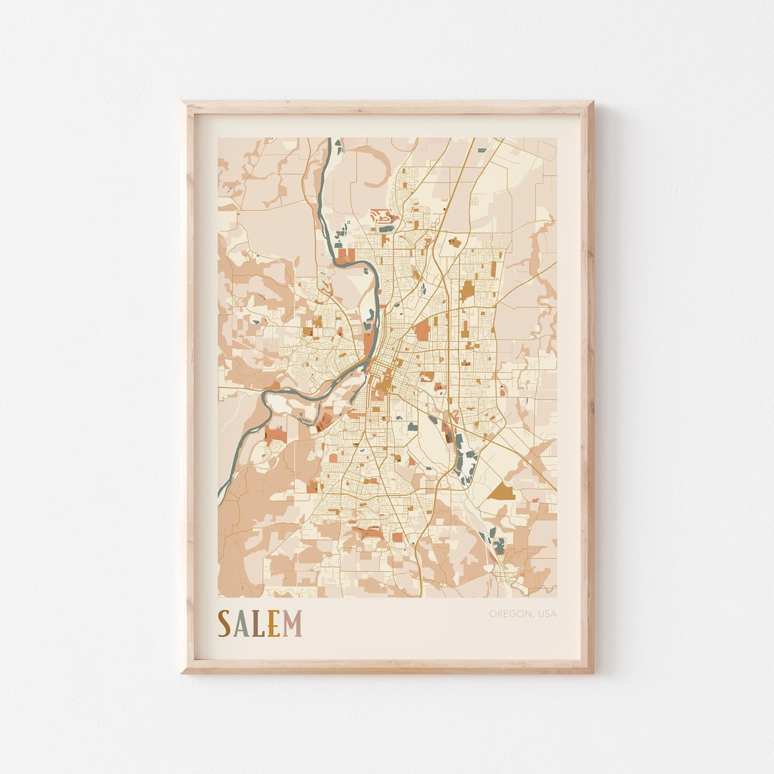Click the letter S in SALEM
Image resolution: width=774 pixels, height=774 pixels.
[224, 623]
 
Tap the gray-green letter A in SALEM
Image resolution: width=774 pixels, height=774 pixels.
[241, 623]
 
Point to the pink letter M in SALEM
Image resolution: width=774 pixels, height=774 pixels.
[292, 623]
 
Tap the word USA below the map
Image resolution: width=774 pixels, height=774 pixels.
[547, 613]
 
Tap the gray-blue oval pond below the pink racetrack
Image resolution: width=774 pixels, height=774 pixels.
[386, 229]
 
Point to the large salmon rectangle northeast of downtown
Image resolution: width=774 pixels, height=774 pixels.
[421, 329]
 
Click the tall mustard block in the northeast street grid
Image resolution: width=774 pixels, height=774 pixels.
[467, 290]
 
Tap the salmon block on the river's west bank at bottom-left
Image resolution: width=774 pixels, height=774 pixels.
[274, 434]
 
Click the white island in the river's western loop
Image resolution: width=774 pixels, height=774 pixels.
[284, 405]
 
